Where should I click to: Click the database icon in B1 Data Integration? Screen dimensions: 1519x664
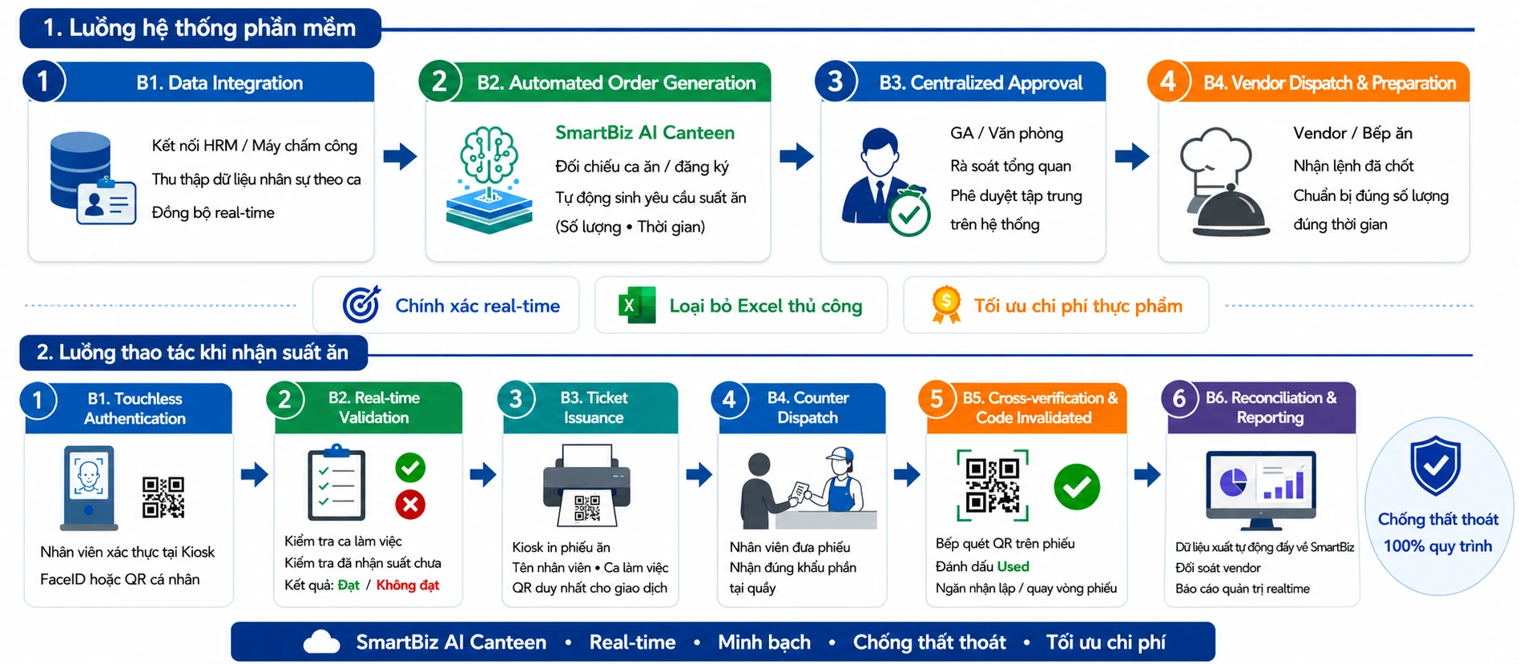tap(80, 171)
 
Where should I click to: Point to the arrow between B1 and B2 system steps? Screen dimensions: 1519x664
tap(400, 155)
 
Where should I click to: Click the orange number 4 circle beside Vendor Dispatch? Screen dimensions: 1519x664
tap(1168, 82)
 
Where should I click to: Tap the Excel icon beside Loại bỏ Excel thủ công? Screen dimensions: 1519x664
tap(637, 305)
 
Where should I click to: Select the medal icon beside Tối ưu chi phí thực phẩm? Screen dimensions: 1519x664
tap(946, 304)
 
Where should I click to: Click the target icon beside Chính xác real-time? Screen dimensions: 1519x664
tap(362, 304)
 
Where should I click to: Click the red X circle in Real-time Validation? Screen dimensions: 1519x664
tap(410, 505)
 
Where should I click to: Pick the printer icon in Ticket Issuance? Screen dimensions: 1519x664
tap(587, 485)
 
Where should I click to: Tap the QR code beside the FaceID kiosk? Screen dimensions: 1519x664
tap(163, 497)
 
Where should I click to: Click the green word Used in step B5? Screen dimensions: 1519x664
tap(1013, 566)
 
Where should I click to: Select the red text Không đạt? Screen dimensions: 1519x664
tap(408, 585)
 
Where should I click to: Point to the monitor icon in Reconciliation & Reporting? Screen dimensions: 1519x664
tap(1261, 489)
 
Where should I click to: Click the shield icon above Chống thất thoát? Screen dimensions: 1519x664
tap(1436, 465)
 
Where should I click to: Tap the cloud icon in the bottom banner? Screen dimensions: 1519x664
tap(322, 642)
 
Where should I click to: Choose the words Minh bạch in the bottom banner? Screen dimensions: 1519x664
tap(764, 642)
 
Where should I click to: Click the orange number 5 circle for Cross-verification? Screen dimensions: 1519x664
tap(937, 400)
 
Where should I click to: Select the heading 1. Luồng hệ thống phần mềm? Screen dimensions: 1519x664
tap(199, 28)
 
